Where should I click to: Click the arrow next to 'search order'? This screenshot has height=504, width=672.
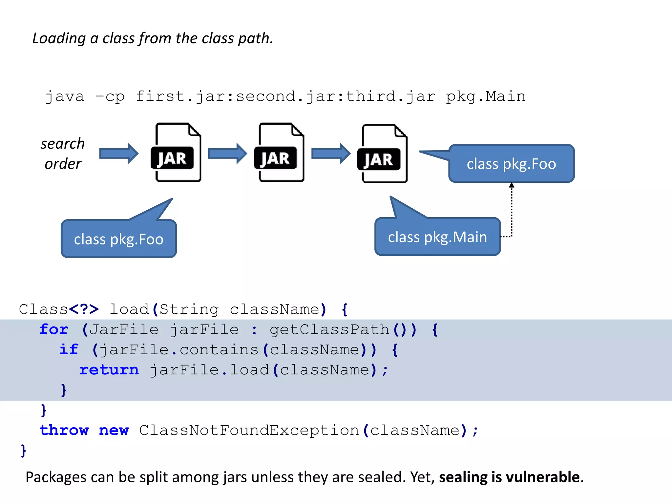[119, 153]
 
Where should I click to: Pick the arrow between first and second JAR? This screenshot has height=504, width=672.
[227, 153]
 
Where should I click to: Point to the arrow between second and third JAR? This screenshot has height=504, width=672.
[330, 153]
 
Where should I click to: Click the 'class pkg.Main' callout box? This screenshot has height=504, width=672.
[437, 237]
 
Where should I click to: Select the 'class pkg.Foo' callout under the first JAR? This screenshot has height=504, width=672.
[118, 239]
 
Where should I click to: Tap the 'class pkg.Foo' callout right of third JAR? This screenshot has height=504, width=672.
[511, 163]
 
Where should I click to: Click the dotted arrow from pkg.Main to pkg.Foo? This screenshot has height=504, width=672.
[511, 210]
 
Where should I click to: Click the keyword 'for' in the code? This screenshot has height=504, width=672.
[54, 329]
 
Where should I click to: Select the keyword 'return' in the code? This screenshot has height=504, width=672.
[109, 370]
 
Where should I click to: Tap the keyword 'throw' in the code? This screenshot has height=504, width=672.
[64, 430]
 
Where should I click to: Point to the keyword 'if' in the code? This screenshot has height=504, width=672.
[69, 349]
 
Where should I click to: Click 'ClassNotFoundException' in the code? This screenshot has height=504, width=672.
[249, 430]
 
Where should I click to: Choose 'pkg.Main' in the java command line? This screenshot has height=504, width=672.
[486, 96]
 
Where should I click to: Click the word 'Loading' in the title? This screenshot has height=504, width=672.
[59, 39]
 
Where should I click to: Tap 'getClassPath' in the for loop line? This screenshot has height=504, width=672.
[329, 329]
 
